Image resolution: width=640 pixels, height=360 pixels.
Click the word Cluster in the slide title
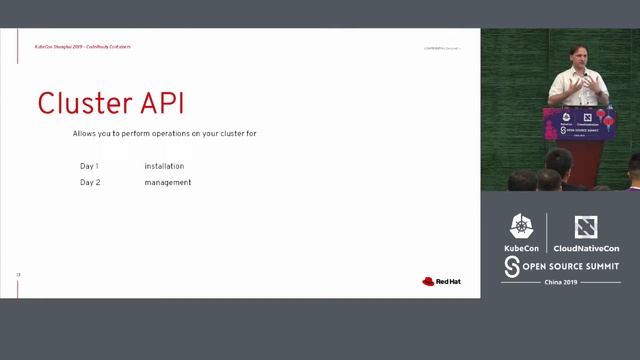(84, 104)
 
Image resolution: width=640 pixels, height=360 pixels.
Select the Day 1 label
(89, 166)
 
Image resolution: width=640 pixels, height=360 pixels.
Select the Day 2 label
(90, 182)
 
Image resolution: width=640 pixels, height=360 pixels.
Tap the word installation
(164, 166)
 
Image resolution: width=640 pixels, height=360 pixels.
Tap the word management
(167, 182)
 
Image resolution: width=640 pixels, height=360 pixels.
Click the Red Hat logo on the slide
(441, 281)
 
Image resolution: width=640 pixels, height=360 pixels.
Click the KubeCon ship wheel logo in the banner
(521, 227)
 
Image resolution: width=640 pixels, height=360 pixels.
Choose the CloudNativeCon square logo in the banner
(585, 227)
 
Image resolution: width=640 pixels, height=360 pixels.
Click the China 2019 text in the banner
(560, 283)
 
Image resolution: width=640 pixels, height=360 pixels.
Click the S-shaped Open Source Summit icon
(512, 266)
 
